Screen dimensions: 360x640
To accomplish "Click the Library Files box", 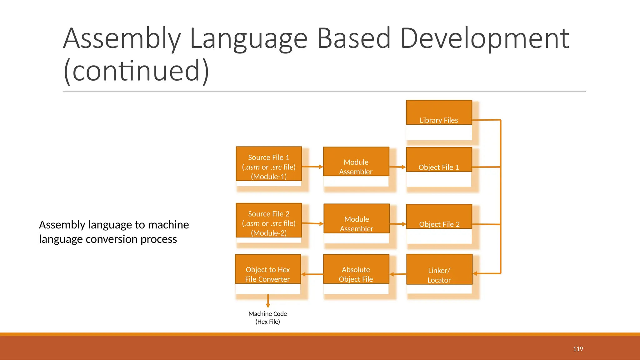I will [x=439, y=113].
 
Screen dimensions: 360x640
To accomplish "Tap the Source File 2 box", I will [x=269, y=220].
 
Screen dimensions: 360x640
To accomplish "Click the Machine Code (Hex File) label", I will [x=267, y=317].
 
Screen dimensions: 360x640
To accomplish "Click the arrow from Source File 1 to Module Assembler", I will [x=312, y=167].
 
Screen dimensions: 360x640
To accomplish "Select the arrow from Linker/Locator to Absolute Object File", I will [x=398, y=274].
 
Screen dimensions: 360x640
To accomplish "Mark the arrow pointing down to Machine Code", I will [x=268, y=301].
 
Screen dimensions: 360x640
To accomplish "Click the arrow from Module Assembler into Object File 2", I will [x=397, y=224].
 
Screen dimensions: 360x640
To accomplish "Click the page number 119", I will [x=578, y=349].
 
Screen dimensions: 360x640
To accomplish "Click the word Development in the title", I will [x=485, y=39].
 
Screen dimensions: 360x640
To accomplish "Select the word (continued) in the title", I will [x=136, y=71].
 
